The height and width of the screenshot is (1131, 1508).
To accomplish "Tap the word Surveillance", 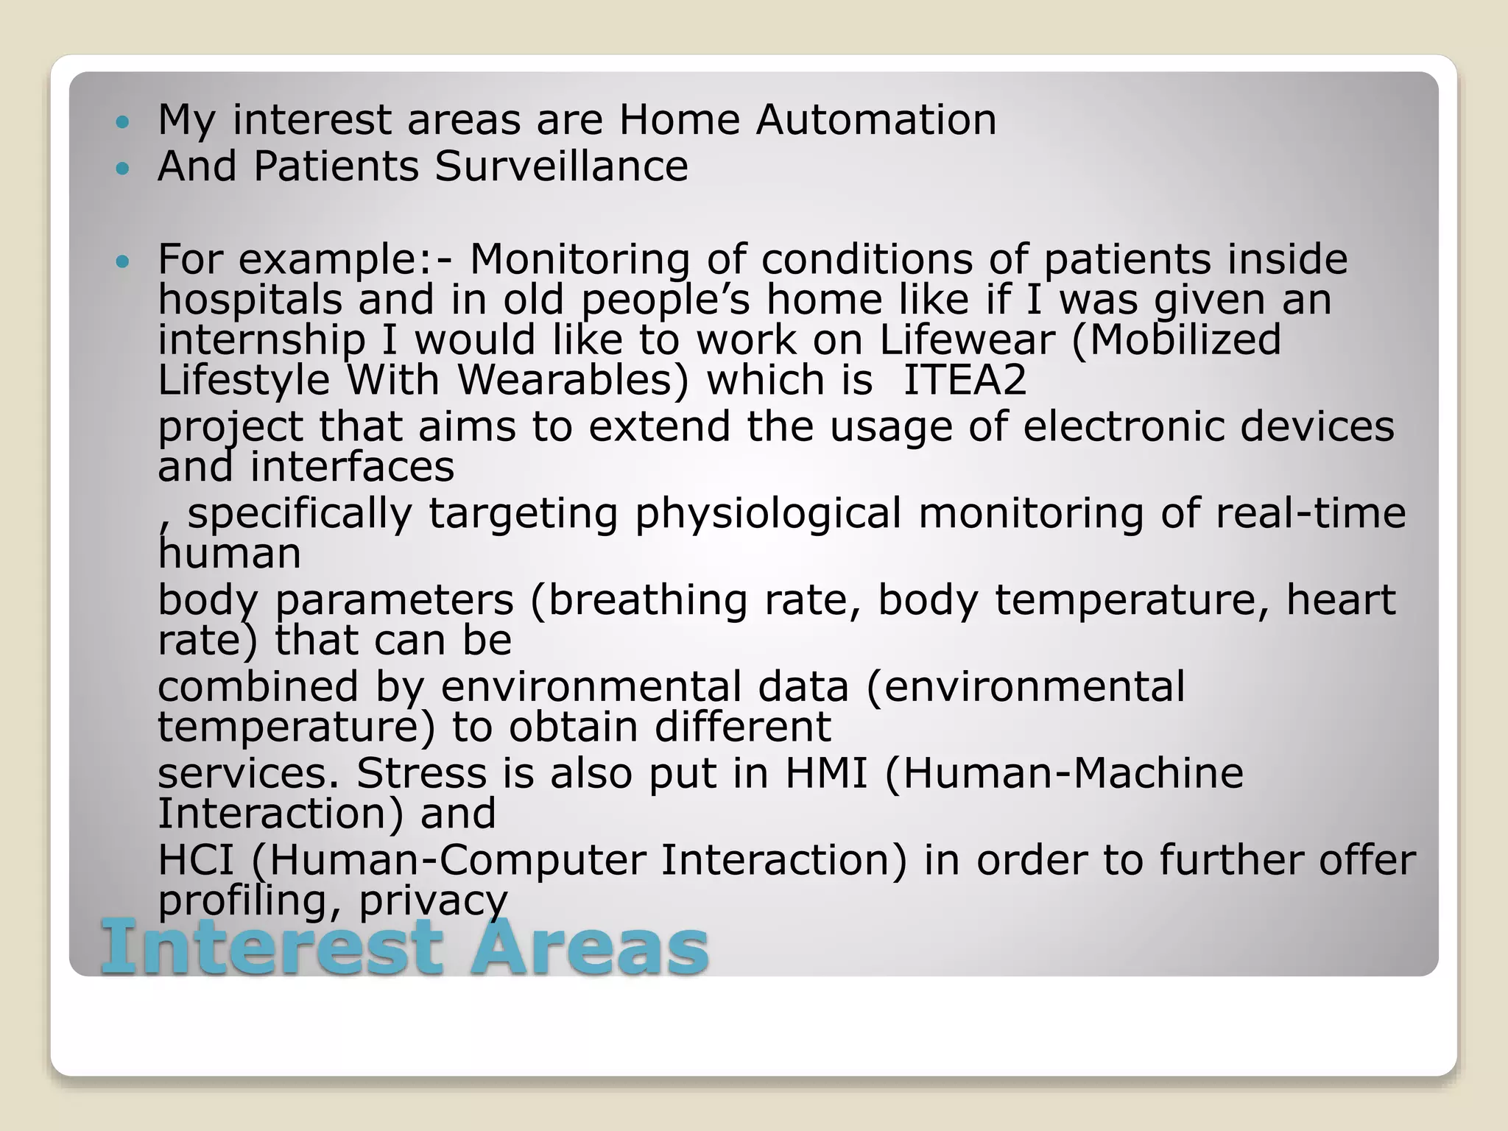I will [561, 166].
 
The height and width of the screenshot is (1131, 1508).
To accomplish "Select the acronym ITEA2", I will [965, 381].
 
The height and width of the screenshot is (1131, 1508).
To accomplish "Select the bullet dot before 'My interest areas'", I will [123, 121].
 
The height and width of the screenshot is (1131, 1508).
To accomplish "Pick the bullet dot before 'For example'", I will [123, 261].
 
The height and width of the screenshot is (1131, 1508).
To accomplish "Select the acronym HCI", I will [196, 860].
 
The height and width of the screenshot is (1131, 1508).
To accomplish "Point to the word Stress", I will [421, 774].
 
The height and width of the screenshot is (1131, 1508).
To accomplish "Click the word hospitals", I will [250, 300].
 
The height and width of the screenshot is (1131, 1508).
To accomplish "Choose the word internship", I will [261, 340].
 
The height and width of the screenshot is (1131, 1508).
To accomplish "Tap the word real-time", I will [1310, 513].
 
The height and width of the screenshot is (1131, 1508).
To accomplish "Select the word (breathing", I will [638, 600].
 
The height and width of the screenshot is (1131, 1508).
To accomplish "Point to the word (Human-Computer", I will [448, 860].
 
